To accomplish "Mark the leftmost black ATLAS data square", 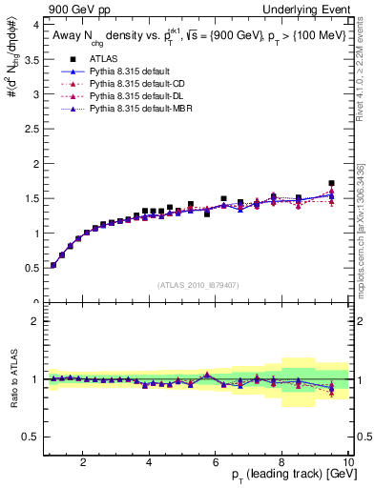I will [x=53, y=265].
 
